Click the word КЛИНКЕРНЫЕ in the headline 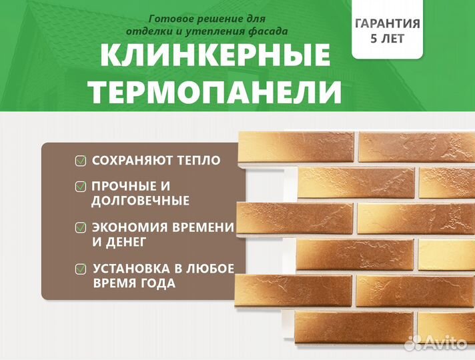(215, 55)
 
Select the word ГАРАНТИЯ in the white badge (387, 23)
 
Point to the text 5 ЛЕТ (387, 39)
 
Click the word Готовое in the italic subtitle (171, 19)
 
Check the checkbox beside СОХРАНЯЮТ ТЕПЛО (81, 161)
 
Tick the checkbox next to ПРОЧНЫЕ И (81, 186)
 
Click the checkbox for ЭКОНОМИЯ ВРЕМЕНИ (81, 227)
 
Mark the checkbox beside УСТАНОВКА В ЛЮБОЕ (81, 269)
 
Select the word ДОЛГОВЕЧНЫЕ (140, 201)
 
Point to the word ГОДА (157, 283)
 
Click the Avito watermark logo (436, 343)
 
